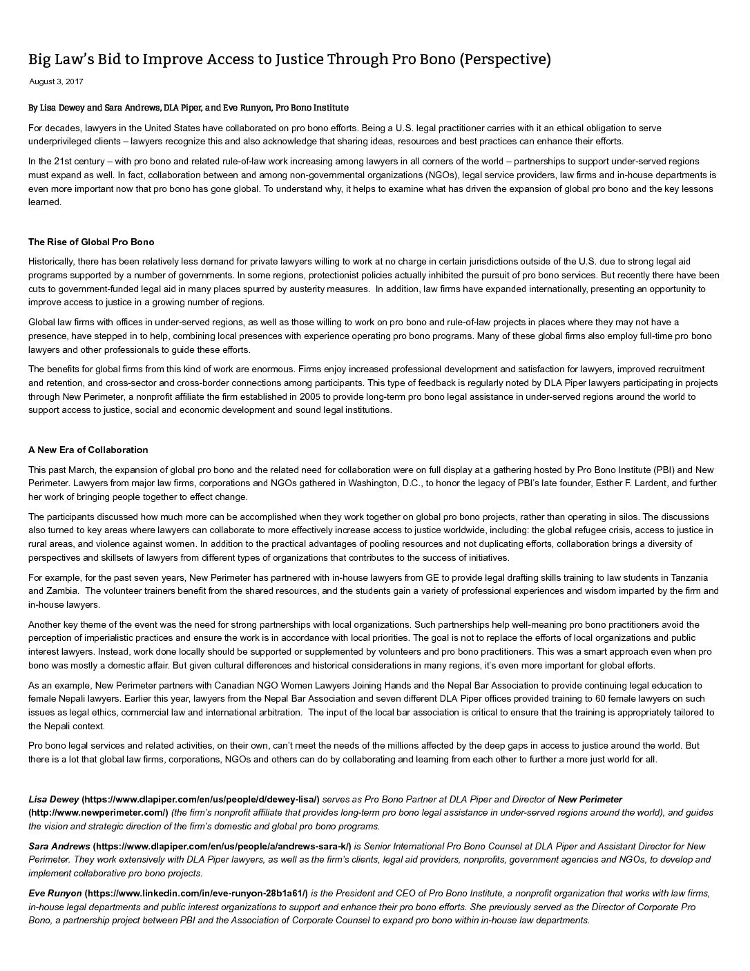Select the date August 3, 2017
coord(56,81)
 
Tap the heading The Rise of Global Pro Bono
coord(91,242)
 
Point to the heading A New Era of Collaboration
coord(88,450)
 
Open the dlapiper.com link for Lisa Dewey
coord(200,799)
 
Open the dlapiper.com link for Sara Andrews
coord(222,846)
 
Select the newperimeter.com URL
coord(98,813)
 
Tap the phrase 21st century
coord(77,162)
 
